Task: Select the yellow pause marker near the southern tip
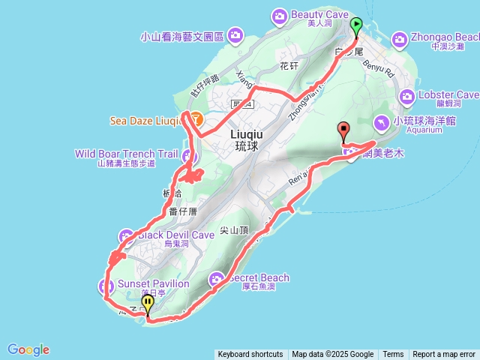(148, 304)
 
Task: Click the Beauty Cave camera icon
(280, 15)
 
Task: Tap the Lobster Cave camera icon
(408, 96)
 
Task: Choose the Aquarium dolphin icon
(382, 121)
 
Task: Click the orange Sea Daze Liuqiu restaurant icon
(195, 118)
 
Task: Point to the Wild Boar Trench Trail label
(125, 154)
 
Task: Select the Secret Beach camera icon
(217, 279)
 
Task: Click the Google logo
(28, 349)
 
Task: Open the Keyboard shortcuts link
(250, 355)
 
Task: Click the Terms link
(393, 355)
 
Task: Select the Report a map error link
(444, 355)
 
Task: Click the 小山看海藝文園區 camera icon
(235, 34)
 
